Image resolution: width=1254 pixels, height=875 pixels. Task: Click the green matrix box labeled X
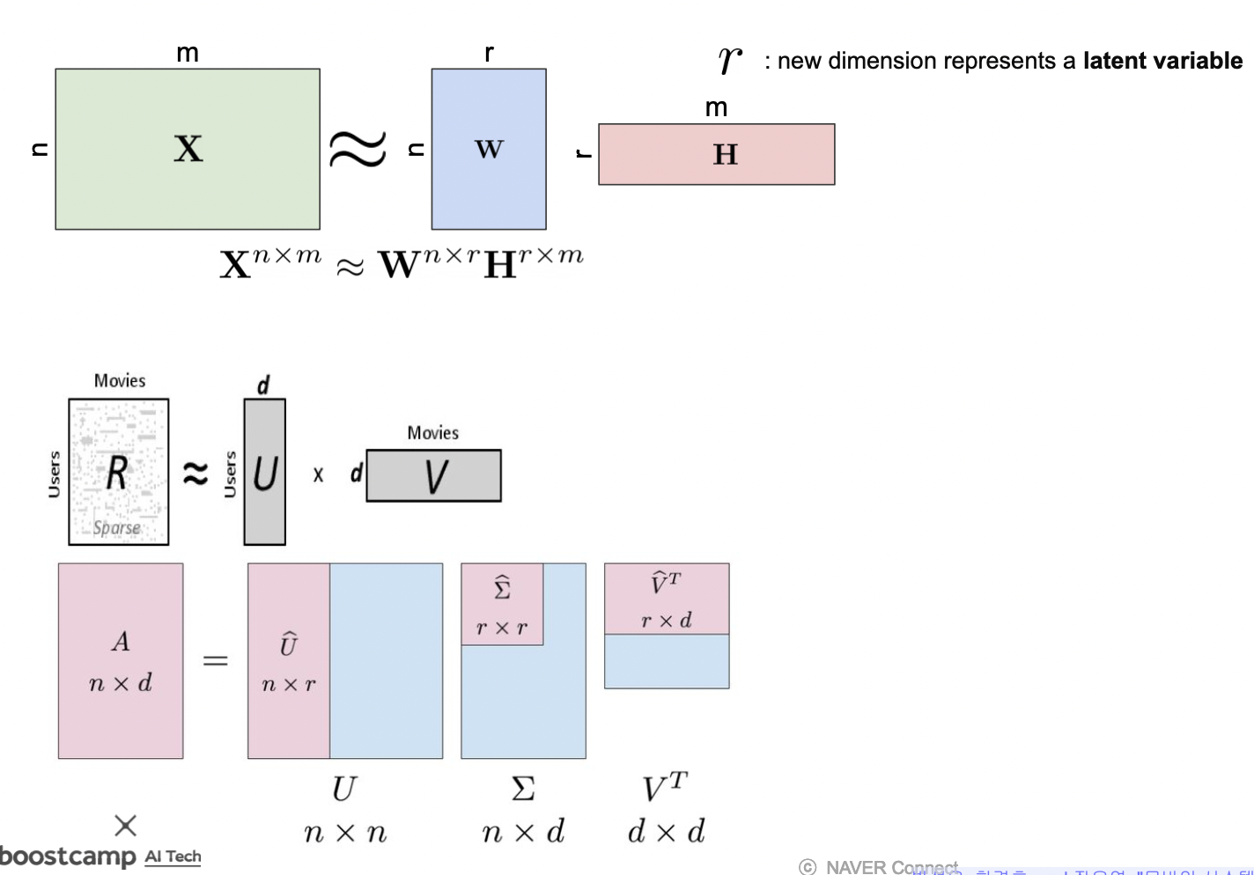[187, 149]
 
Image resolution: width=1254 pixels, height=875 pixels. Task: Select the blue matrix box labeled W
[488, 149]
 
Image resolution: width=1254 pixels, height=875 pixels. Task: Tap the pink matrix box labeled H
[716, 154]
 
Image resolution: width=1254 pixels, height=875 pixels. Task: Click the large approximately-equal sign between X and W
[358, 148]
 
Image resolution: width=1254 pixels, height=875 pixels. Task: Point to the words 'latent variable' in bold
[1162, 61]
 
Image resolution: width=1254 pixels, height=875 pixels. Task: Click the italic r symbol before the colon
[730, 59]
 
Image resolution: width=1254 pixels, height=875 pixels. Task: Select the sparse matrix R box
[119, 472]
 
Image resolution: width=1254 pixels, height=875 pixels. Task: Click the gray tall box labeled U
[264, 473]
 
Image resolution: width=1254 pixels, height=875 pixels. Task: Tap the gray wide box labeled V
[433, 476]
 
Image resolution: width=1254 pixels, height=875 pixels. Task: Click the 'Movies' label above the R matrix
[120, 380]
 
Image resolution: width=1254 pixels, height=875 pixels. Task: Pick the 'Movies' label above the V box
[432, 432]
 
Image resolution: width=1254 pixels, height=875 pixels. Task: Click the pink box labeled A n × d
[121, 660]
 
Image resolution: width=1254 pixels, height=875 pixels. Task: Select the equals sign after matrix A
[216, 660]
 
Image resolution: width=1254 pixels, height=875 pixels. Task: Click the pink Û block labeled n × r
[289, 660]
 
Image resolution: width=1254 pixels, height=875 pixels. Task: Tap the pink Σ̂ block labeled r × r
[502, 604]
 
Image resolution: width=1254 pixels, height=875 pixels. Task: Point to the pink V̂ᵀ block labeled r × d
[667, 599]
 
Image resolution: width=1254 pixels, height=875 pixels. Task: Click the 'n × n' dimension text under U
[344, 832]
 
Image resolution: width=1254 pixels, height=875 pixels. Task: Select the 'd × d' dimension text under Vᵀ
[666, 832]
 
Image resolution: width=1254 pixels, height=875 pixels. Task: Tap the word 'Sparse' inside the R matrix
[117, 527]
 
